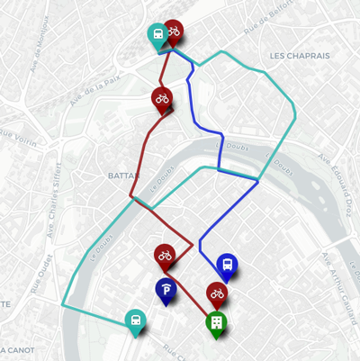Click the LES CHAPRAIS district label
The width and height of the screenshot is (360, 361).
coord(300,56)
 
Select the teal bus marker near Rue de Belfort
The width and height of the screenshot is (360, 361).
coord(157,36)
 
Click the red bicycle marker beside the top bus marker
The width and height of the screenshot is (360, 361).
coord(173,32)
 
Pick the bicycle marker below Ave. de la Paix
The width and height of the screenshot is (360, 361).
coord(161,98)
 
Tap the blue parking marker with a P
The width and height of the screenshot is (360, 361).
coord(166,288)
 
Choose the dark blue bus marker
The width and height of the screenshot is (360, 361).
coord(228,266)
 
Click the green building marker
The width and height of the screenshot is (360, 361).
coord(216,322)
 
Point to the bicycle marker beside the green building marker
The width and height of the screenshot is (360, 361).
coord(217,293)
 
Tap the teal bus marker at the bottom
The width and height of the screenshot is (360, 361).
coord(135,320)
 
